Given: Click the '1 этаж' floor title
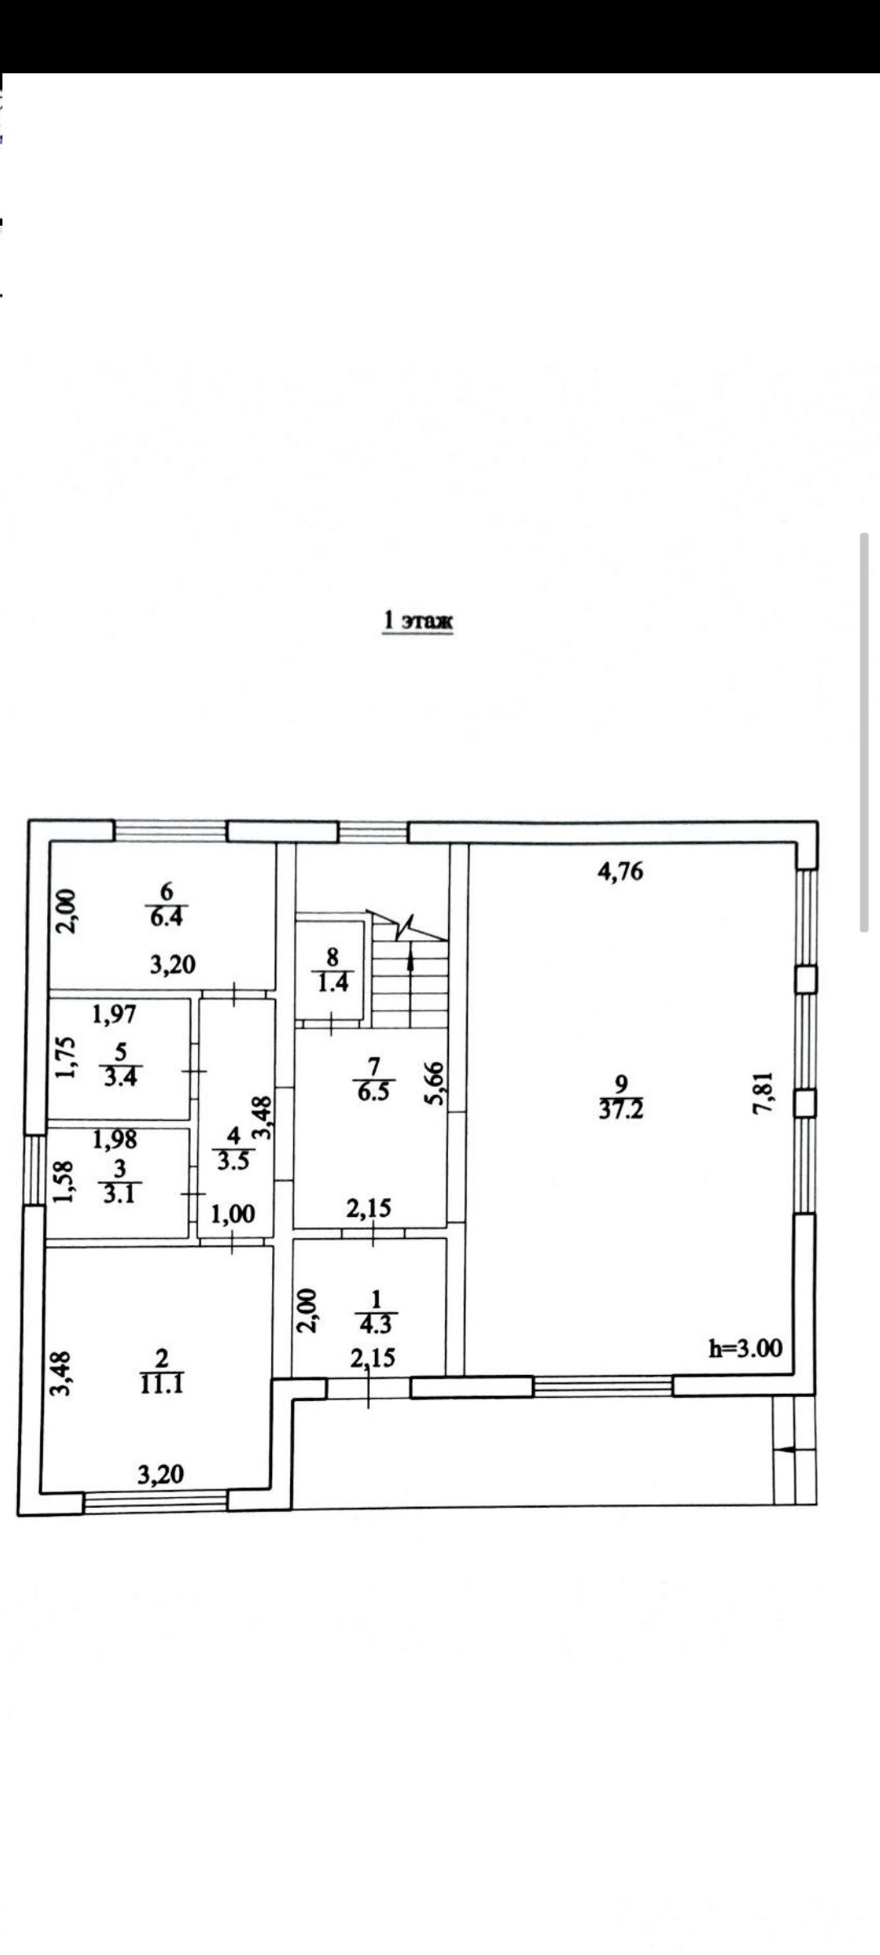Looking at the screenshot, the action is click(x=417, y=621).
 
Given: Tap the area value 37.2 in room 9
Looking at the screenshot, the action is click(x=621, y=1110).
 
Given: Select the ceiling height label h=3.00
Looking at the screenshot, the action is click(x=745, y=1348).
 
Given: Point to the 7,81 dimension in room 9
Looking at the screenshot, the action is click(x=763, y=1093).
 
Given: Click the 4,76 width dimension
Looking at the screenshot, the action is click(x=620, y=872).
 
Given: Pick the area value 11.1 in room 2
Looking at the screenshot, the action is click(x=161, y=1384).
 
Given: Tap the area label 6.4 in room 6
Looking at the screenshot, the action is click(x=166, y=917).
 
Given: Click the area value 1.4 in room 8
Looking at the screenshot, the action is click(x=332, y=983).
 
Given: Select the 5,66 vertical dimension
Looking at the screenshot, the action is click(x=434, y=1083).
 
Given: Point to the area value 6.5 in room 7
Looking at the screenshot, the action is click(x=373, y=1092).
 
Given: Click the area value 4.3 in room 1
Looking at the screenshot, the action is click(x=375, y=1325).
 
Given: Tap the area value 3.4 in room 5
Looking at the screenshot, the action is click(x=121, y=1077).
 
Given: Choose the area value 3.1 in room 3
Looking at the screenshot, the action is click(x=119, y=1195).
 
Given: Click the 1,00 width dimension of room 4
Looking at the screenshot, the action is click(x=233, y=1215).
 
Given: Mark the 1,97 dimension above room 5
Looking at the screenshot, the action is click(x=114, y=1014).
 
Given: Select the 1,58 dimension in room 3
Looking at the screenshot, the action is click(x=64, y=1181).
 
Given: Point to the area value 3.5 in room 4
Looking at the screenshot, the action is click(x=233, y=1160).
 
